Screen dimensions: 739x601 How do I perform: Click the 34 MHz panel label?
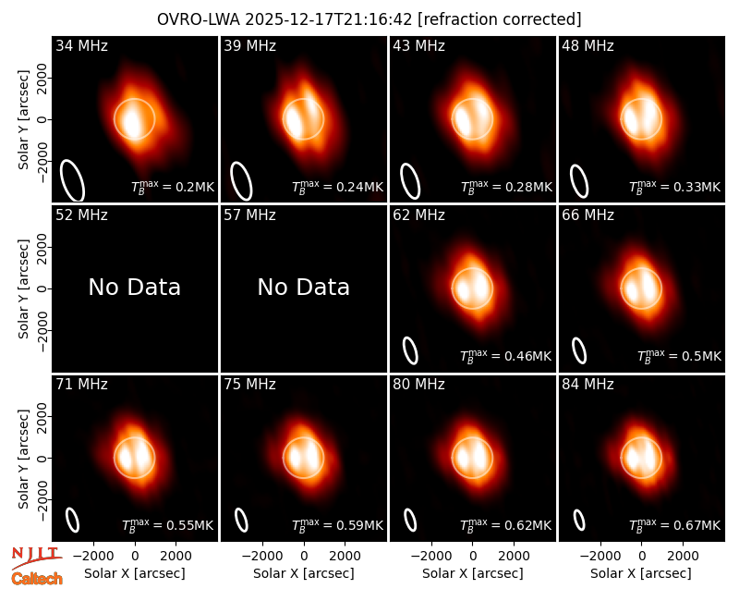[81, 45]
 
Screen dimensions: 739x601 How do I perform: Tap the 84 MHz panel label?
[588, 385]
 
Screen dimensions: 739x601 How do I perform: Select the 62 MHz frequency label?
[418, 215]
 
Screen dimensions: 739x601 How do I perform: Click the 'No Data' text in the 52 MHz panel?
[134, 287]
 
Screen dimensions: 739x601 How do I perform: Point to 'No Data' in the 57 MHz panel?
[304, 287]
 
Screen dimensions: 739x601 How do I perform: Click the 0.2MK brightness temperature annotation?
[173, 187]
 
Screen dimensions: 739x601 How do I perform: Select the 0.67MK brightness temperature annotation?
[675, 525]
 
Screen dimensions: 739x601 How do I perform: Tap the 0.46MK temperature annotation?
[505, 356]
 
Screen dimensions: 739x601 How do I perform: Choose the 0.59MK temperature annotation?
[337, 525]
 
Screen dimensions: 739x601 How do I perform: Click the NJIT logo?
[36, 557]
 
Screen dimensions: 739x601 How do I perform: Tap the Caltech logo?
[37, 579]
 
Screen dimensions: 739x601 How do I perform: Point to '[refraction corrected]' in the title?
[500, 19]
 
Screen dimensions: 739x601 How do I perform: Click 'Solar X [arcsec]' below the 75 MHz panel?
[304, 573]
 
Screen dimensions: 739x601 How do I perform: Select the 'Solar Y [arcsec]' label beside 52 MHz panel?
[24, 288]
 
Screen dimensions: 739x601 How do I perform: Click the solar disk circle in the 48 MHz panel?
[621, 119]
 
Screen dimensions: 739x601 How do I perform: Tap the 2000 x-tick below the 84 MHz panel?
[683, 556]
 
